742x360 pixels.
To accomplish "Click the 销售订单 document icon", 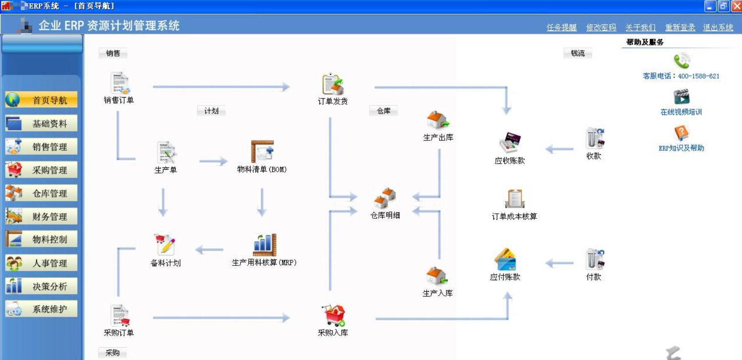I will pyautogui.click(x=120, y=83).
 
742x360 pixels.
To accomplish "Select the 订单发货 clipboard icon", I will pyautogui.click(x=333, y=84).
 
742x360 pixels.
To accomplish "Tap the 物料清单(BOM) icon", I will pyautogui.click(x=262, y=152).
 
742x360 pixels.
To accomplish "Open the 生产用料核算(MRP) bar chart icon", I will pyautogui.click(x=264, y=245).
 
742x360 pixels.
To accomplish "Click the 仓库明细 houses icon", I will pyautogui.click(x=385, y=198).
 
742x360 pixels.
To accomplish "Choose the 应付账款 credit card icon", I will pyautogui.click(x=505, y=259).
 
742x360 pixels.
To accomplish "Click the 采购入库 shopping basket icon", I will pyautogui.click(x=333, y=315).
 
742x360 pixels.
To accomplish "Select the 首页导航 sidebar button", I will pyautogui.click(x=41, y=100).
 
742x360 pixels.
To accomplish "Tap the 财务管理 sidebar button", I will pyautogui.click(x=41, y=217).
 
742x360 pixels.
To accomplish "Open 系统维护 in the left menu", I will pyautogui.click(x=41, y=309).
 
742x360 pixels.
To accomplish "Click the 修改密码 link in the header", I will pyautogui.click(x=601, y=28).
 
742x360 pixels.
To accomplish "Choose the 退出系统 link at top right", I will pyautogui.click(x=718, y=28).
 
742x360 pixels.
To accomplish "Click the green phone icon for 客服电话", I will pyautogui.click(x=681, y=61).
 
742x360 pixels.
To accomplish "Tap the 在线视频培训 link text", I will pyautogui.click(x=681, y=112).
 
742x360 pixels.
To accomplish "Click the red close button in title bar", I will pyautogui.click(x=736, y=6).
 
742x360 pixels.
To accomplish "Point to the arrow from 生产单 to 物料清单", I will pyautogui.click(x=213, y=161).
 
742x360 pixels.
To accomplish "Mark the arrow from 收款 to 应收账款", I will pyautogui.click(x=559, y=149).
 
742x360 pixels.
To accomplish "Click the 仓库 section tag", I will pyautogui.click(x=384, y=111).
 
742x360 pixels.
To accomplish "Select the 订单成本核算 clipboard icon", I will pyautogui.click(x=515, y=198).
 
